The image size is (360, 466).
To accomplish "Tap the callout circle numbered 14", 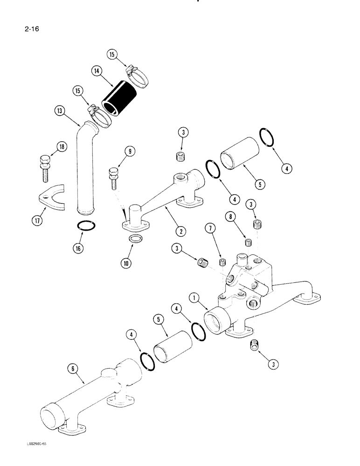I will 97,71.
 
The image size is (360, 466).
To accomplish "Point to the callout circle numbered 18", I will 61,147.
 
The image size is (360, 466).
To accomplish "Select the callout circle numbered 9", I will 130,151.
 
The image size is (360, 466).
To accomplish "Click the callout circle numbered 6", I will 73,369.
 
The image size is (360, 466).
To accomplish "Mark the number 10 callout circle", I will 125,263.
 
